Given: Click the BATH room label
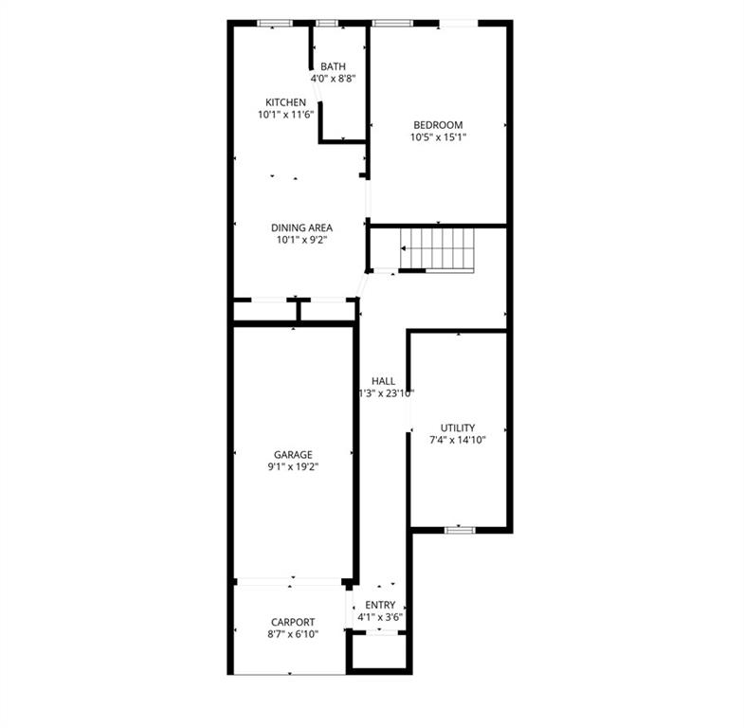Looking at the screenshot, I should click(333, 66).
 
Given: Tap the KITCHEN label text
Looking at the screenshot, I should click(285, 102).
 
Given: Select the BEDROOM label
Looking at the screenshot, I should click(438, 125).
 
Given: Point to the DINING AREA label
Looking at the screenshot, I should click(301, 227).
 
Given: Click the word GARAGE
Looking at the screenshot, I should click(293, 455).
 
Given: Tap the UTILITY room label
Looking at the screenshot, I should click(458, 428).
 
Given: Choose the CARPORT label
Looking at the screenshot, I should click(293, 622).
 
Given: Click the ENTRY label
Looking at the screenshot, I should click(380, 605).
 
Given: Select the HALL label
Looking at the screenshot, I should click(383, 381).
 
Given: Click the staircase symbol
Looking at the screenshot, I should click(438, 249).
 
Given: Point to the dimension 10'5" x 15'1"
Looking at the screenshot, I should click(438, 137).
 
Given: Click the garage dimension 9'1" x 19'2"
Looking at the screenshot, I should click(293, 466).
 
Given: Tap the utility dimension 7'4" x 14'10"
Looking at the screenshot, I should click(458, 439).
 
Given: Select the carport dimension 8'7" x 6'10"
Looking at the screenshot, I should click(293, 633).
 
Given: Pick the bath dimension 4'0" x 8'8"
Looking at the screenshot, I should click(333, 78).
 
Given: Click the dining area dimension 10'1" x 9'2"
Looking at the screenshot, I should click(301, 240).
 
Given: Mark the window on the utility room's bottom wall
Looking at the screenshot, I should click(460, 530).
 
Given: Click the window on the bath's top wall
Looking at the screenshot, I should click(327, 23).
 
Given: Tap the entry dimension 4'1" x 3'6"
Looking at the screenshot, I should click(380, 617).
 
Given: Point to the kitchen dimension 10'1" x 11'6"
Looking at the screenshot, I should click(285, 114).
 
